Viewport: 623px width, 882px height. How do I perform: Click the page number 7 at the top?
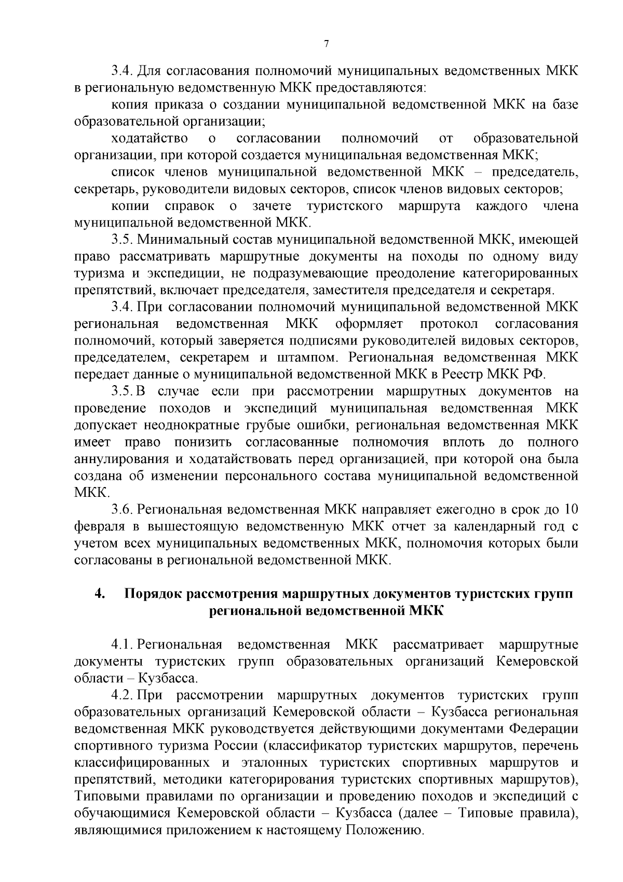pyautogui.click(x=326, y=44)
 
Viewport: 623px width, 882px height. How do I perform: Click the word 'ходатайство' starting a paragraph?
pyautogui.click(x=150, y=139)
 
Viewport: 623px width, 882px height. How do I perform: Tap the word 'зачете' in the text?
pyautogui.click(x=272, y=206)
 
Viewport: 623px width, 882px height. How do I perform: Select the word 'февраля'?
pyautogui.click(x=99, y=526)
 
